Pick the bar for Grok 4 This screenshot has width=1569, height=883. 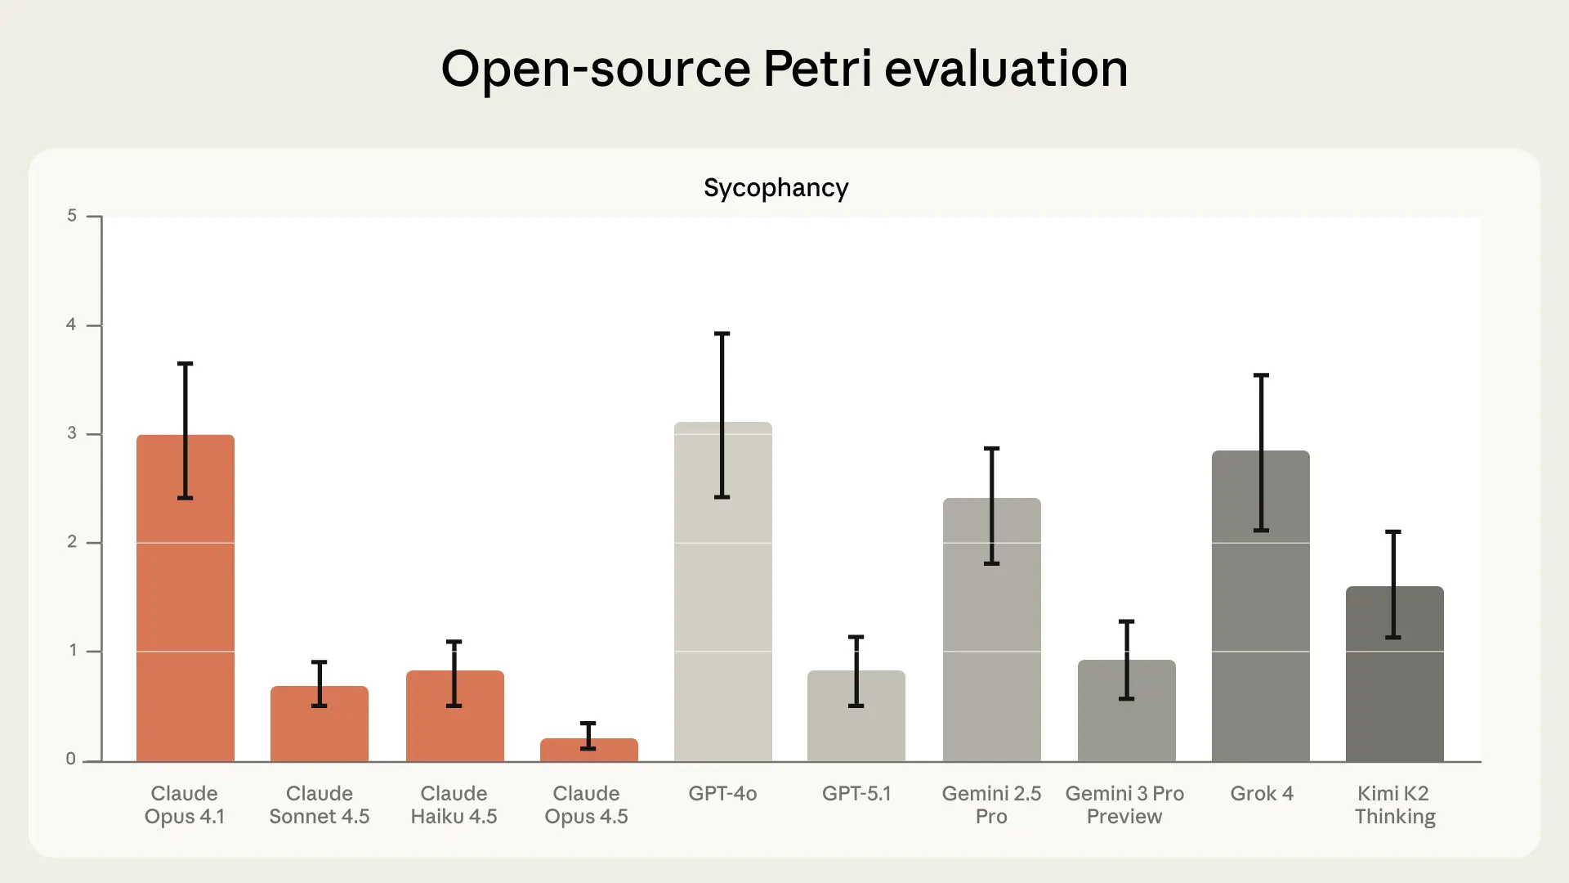click(1260, 621)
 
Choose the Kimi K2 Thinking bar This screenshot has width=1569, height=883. click(1394, 687)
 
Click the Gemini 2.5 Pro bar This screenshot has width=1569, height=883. click(991, 646)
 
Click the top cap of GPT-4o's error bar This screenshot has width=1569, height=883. click(722, 334)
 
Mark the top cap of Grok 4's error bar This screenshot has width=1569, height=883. click(1261, 375)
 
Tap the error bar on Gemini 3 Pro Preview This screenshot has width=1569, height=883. click(1126, 660)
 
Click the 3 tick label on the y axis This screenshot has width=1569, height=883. click(72, 433)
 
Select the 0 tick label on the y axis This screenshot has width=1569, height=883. click(71, 759)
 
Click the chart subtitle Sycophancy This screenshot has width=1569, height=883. click(776, 188)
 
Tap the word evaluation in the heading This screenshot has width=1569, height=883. click(1006, 69)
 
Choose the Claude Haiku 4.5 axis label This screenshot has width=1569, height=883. click(454, 805)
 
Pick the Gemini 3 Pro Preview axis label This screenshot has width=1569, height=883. click(1124, 805)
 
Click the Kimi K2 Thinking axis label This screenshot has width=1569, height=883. click(1394, 805)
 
